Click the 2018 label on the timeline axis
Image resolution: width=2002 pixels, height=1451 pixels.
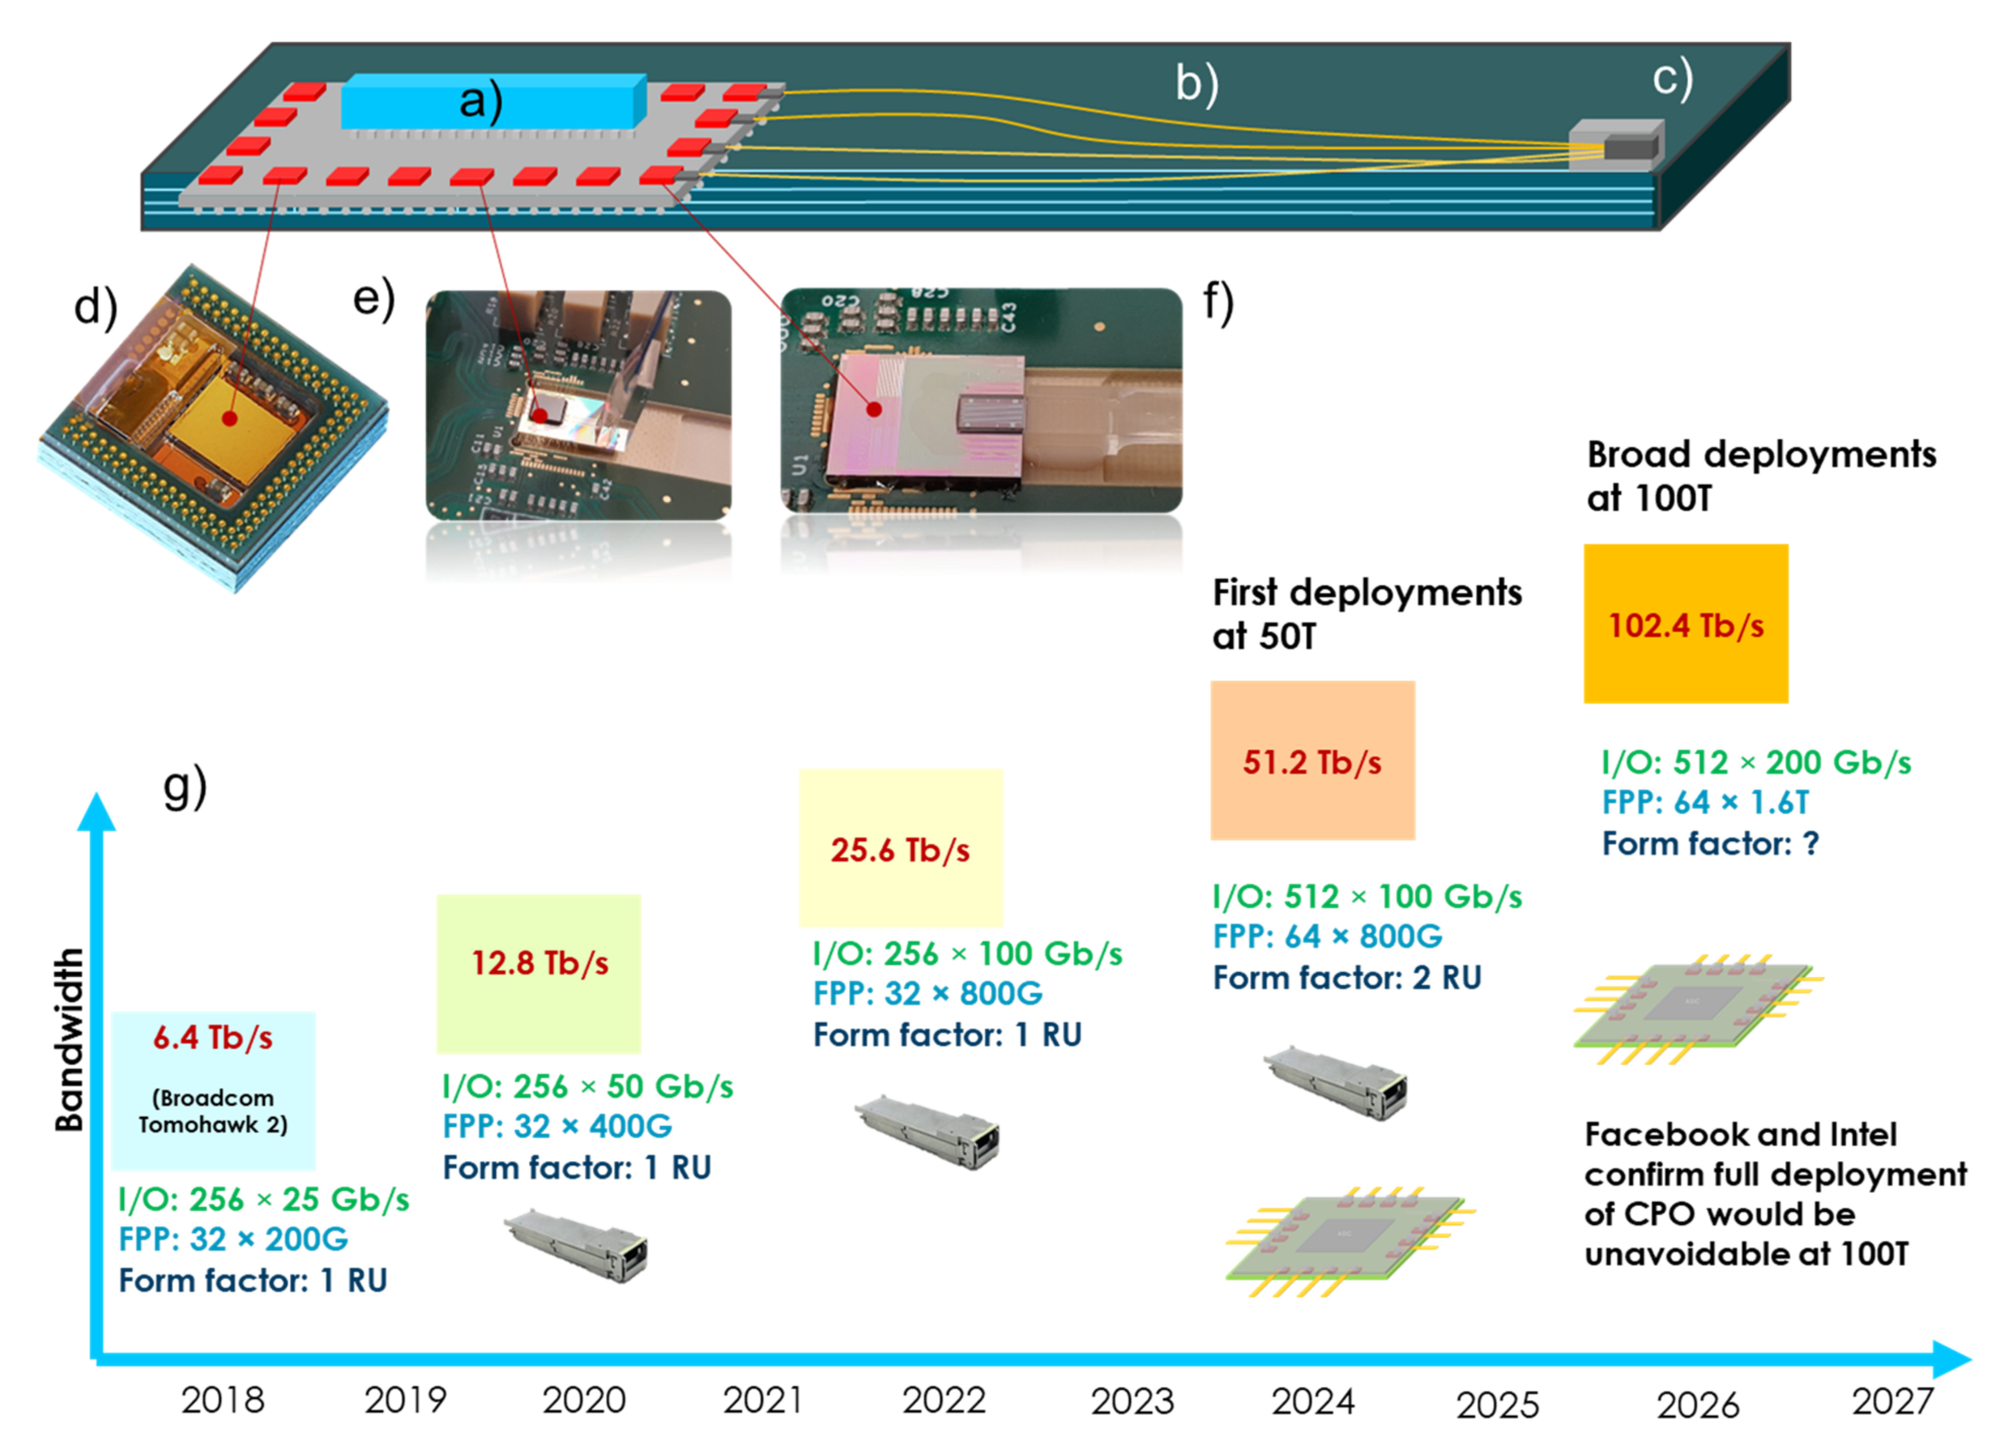(222, 1401)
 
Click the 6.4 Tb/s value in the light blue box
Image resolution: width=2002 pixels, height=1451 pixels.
(213, 1038)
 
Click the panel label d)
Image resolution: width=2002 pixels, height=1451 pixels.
(95, 307)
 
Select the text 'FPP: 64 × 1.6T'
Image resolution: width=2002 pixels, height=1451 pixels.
(1705, 802)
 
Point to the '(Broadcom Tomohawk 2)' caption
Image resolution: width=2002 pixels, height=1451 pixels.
(213, 1111)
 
